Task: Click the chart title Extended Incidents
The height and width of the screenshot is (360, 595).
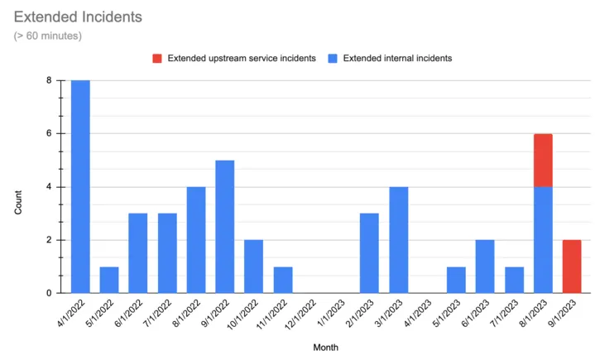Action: click(x=78, y=17)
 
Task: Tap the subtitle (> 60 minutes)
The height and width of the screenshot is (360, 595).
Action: click(x=48, y=36)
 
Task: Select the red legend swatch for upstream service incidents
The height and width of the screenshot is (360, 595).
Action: click(x=156, y=59)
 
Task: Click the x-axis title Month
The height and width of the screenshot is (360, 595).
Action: click(x=325, y=348)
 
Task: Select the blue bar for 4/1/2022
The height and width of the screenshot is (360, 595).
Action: click(x=80, y=186)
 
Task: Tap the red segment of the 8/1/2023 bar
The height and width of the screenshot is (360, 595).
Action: click(x=543, y=160)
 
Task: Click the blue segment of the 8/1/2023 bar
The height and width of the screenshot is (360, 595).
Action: click(x=543, y=239)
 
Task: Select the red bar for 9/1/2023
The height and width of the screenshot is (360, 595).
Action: click(x=572, y=266)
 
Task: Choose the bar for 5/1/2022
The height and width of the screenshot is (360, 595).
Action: click(x=109, y=279)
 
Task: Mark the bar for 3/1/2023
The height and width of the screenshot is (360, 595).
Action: click(x=398, y=239)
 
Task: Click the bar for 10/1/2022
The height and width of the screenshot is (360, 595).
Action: click(x=254, y=266)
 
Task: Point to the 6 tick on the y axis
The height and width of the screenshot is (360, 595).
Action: click(x=49, y=133)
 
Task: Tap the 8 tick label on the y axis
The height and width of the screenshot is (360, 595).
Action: click(x=49, y=80)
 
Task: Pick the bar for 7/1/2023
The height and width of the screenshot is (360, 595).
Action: click(x=514, y=279)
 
